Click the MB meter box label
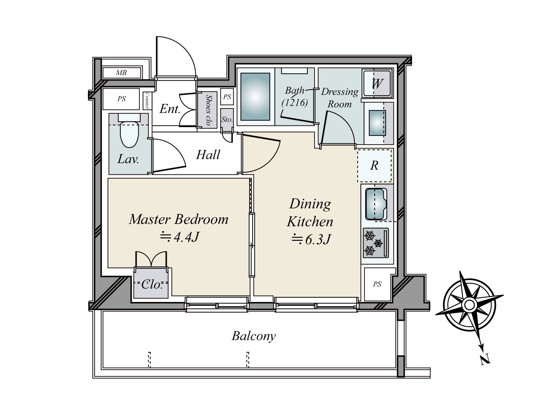pyautogui.click(x=121, y=73)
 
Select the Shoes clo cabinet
pyautogui.click(x=208, y=110)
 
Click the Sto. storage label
pyautogui.click(x=227, y=120)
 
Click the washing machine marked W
pyautogui.click(x=377, y=83)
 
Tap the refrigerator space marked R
pyautogui.click(x=375, y=165)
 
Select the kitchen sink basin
pyautogui.click(x=376, y=203)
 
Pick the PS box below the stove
pyautogui.click(x=377, y=284)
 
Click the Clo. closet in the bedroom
pyautogui.click(x=152, y=285)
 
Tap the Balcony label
pyautogui.click(x=254, y=336)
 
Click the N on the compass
pyautogui.click(x=485, y=359)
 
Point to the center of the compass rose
pyautogui.click(x=469, y=305)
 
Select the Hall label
pyautogui.click(x=208, y=155)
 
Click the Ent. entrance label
pyautogui.click(x=170, y=109)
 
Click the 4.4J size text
pyautogui.click(x=179, y=237)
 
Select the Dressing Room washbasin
pyautogui.click(x=377, y=123)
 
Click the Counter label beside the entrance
pyautogui.click(x=147, y=100)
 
